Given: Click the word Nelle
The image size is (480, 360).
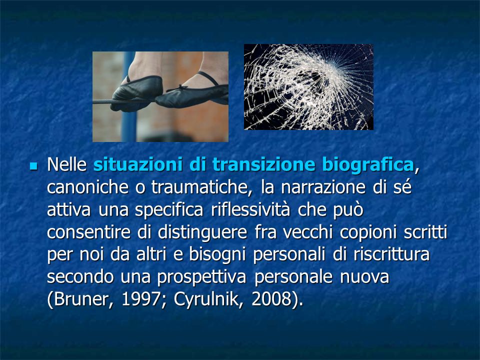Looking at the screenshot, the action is pyautogui.click(x=67, y=164).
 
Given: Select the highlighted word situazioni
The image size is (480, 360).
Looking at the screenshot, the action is pyautogui.click(x=138, y=164).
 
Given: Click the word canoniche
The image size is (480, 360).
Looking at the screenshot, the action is pyautogui.click(x=87, y=187).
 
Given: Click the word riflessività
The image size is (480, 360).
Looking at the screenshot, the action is pyautogui.click(x=250, y=209).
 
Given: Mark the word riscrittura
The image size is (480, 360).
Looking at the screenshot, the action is pyautogui.click(x=391, y=254).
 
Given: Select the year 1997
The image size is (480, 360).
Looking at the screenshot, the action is pyautogui.click(x=140, y=299).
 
